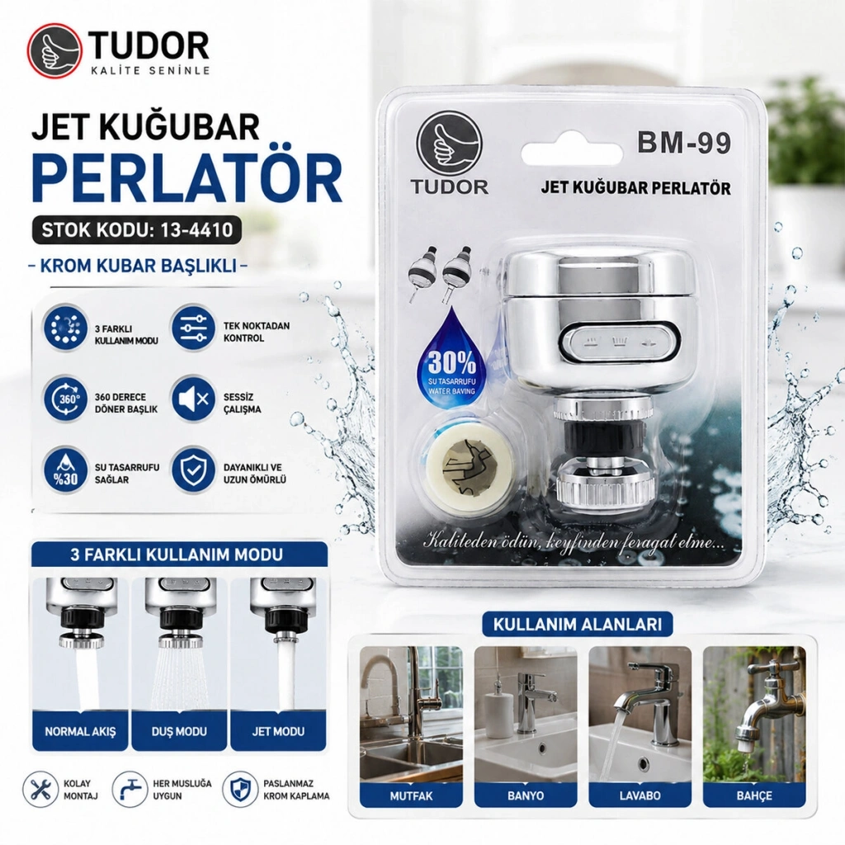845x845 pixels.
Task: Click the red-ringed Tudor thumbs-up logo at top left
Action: coord(55,52)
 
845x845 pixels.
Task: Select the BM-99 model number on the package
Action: coord(684,143)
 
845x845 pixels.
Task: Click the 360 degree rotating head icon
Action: coord(65,399)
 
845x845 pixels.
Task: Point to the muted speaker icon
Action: coord(193,399)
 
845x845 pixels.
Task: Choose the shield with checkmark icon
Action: coord(193,470)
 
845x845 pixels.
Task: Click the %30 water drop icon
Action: coord(65,470)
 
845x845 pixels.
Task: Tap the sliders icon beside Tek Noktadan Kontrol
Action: coord(193,328)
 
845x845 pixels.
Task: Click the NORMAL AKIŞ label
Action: coord(80,731)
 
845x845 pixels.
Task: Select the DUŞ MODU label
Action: coord(179,731)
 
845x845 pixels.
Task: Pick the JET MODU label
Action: coord(278,731)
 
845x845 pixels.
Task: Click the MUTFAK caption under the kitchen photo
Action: coord(411,796)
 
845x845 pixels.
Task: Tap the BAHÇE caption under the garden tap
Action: coord(754,796)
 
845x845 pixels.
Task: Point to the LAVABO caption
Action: coord(640,796)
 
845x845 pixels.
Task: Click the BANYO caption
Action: coord(526,796)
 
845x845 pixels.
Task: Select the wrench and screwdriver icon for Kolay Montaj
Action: coord(40,790)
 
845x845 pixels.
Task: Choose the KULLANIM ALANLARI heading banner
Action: coord(577,625)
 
